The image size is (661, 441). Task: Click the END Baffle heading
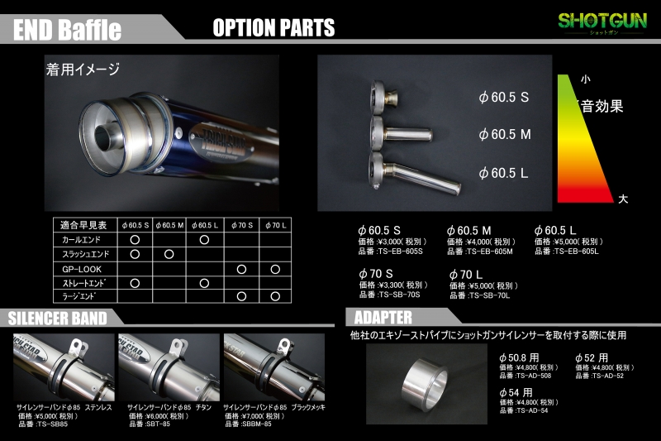(68, 30)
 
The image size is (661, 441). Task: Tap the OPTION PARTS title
(273, 27)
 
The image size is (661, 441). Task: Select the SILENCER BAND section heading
(58, 318)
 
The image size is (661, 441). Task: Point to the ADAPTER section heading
(383, 318)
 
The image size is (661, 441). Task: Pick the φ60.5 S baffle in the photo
(383, 97)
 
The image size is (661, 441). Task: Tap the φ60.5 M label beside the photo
(505, 133)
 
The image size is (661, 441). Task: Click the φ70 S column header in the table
(241, 224)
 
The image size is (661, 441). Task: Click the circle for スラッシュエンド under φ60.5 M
(169, 254)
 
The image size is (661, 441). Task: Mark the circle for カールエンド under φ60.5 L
(204, 239)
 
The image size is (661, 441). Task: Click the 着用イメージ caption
(83, 70)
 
